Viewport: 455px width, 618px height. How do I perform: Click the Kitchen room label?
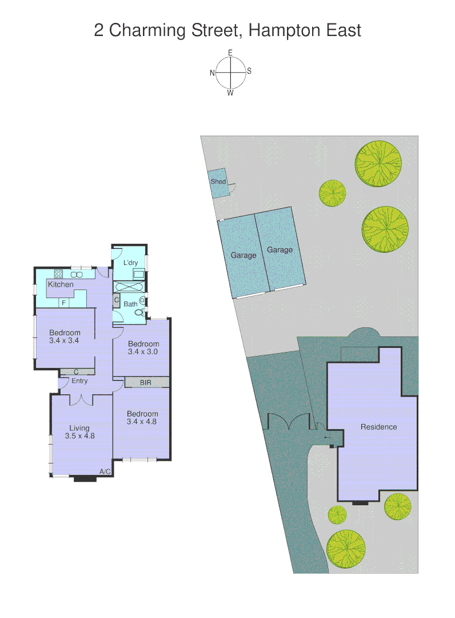pos(61,284)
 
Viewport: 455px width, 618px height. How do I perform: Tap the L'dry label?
pos(131,263)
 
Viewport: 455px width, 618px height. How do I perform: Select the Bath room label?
pos(130,304)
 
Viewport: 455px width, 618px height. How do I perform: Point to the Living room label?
pos(79,427)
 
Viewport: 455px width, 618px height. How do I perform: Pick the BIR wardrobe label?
pos(146,382)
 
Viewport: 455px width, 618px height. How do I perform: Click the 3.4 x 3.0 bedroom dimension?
pos(143,351)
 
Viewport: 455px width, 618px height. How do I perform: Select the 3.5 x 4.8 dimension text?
pos(79,435)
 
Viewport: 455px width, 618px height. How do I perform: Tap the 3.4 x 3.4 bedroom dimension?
pos(64,340)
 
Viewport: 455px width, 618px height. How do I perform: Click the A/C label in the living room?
pos(105,472)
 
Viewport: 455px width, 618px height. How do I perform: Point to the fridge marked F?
pos(63,302)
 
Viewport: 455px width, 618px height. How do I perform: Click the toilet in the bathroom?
pos(138,312)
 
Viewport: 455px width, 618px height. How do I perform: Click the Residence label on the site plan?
pos(378,427)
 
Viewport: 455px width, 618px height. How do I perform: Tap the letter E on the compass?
pos(230,53)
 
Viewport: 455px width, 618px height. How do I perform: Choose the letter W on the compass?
pos(230,93)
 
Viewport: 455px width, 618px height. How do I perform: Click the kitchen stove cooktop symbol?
pos(58,274)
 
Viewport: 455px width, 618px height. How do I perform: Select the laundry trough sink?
pos(138,274)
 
